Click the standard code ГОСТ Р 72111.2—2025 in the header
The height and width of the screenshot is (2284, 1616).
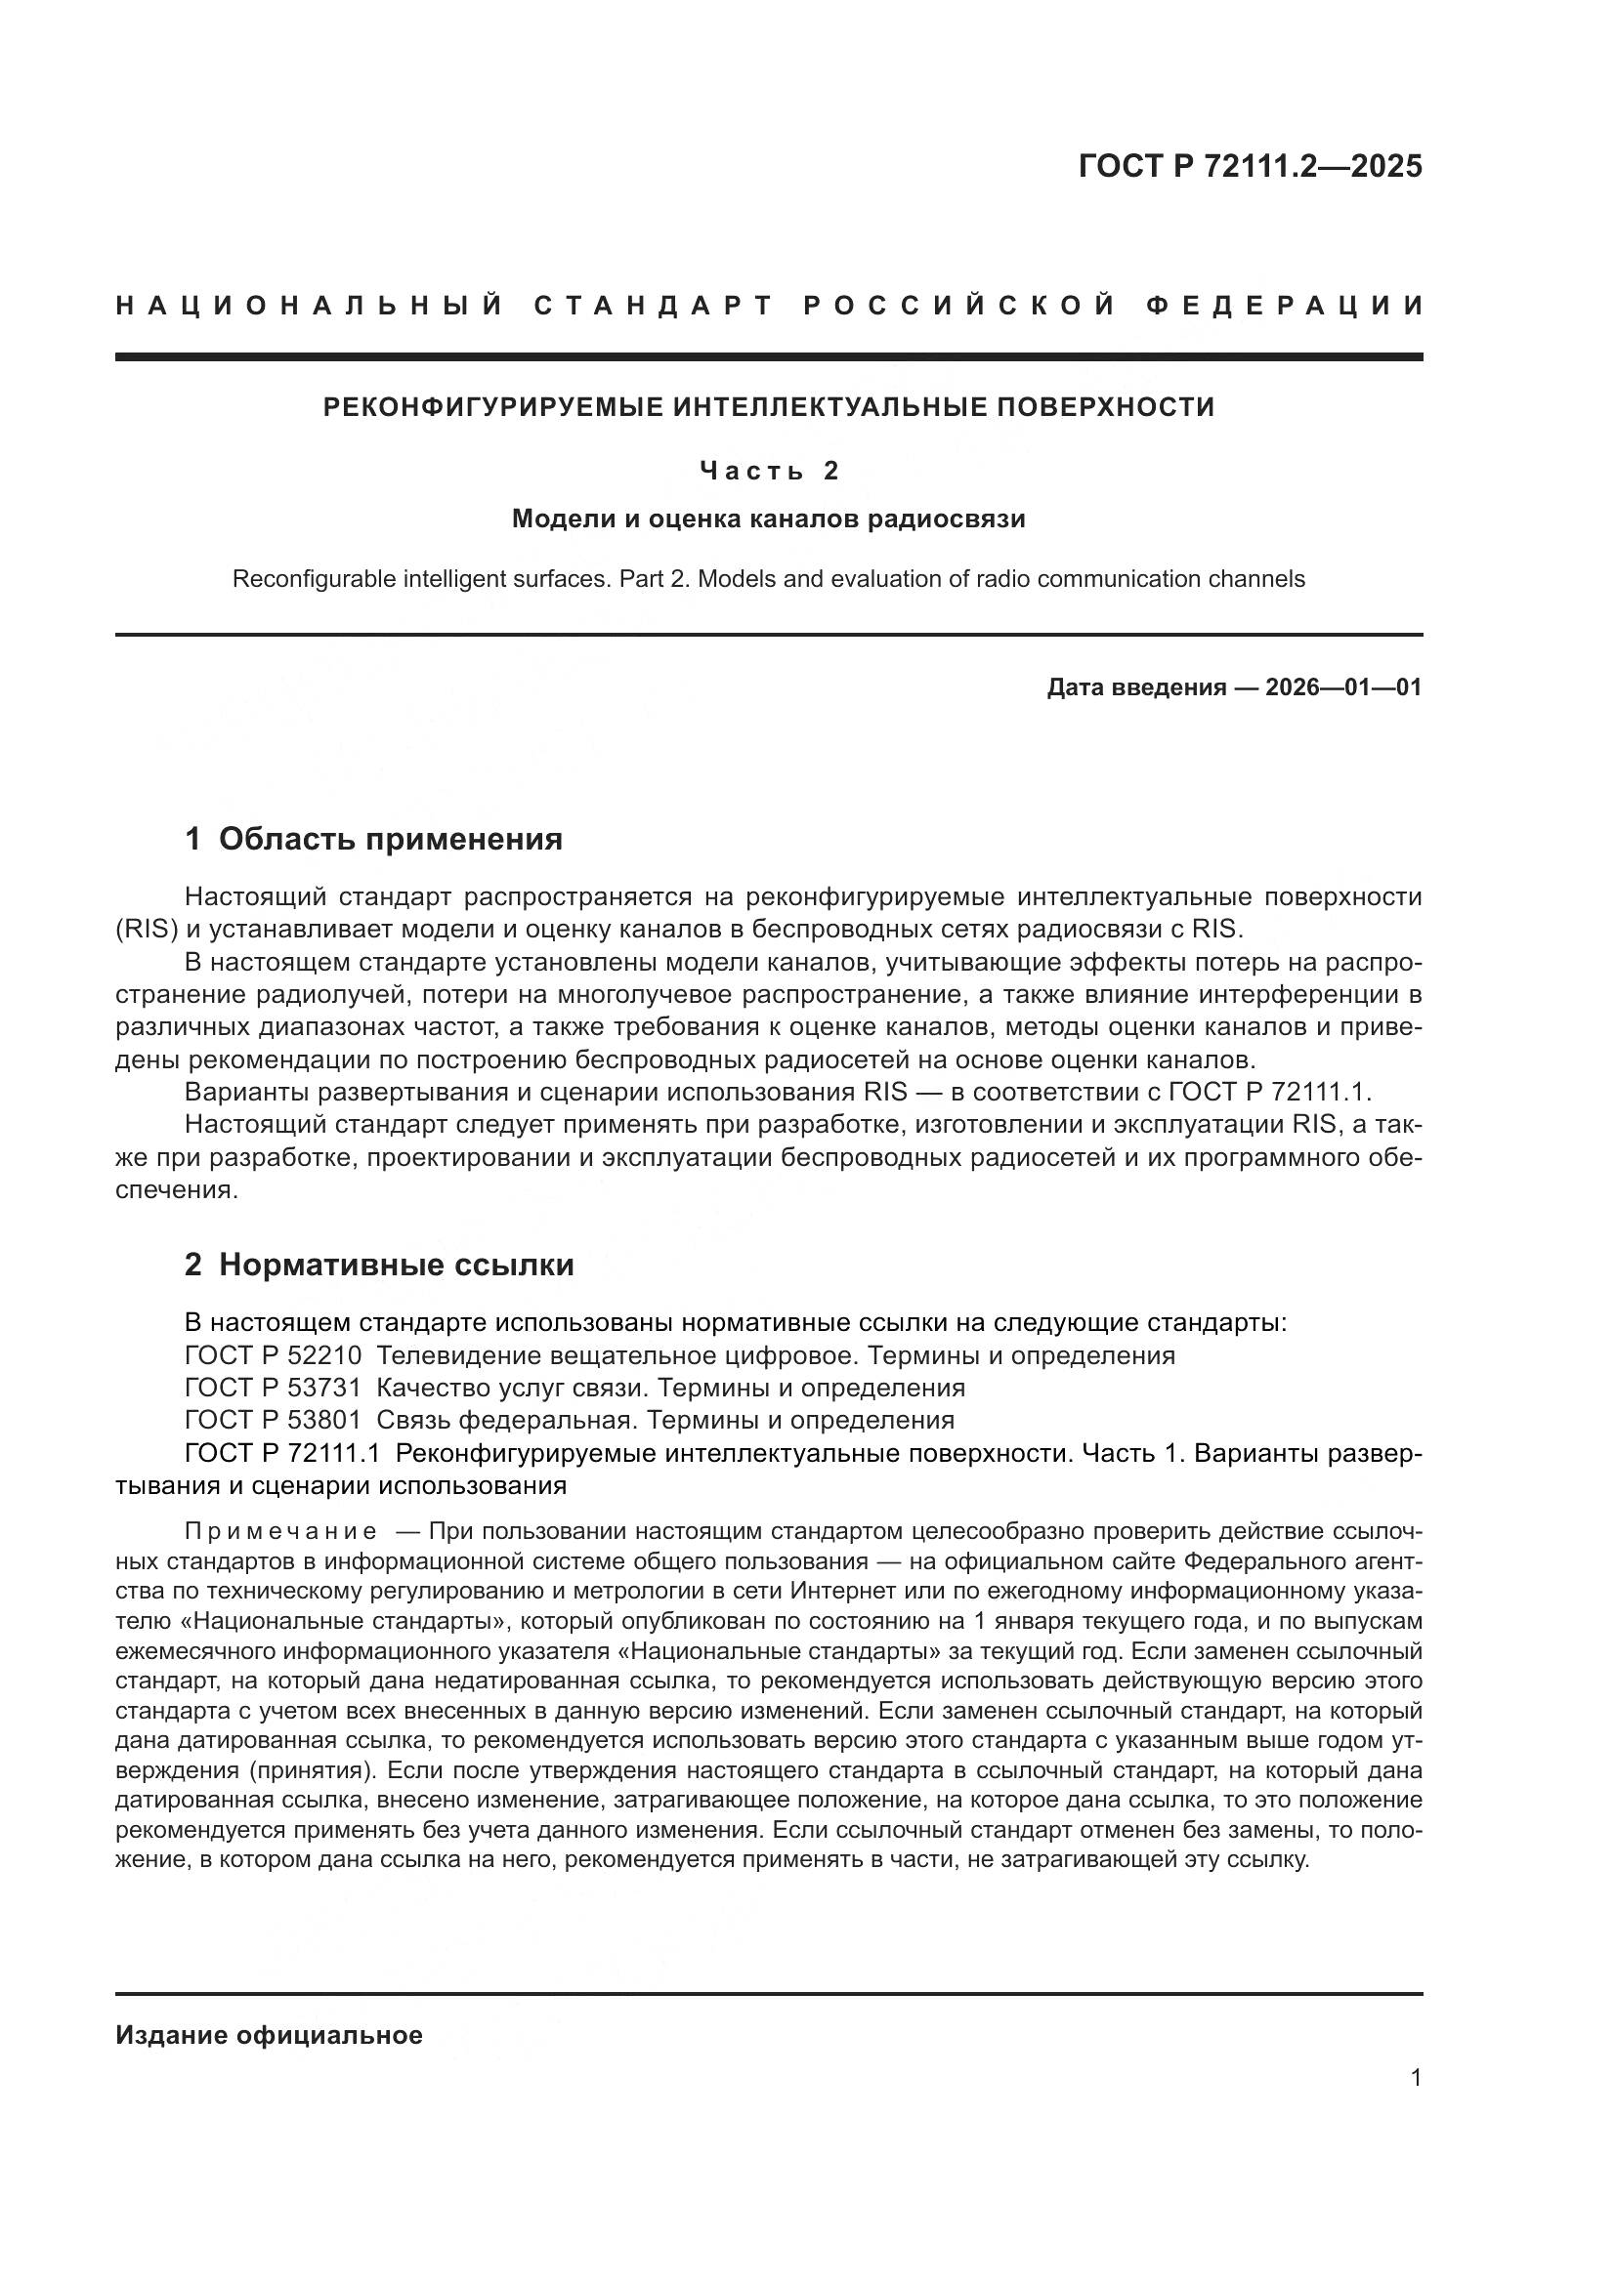(x=1250, y=166)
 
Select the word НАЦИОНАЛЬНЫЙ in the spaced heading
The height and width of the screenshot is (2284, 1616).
(x=310, y=306)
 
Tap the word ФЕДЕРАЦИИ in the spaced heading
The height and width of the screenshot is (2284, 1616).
(x=1285, y=306)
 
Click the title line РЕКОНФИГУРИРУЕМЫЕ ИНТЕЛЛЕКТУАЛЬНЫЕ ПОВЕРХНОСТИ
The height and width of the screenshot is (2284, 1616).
(x=768, y=407)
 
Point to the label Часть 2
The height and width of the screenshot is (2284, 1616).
(x=768, y=470)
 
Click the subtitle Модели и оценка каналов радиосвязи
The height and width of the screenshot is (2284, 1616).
(x=768, y=519)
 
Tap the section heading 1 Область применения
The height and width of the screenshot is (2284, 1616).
(x=373, y=839)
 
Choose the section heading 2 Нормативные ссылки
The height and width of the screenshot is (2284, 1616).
(x=379, y=1265)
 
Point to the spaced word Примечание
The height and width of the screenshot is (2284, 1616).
(x=280, y=1531)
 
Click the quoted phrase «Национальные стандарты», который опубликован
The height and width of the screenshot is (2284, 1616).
(x=309, y=1621)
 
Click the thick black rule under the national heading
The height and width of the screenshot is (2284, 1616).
(x=768, y=356)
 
